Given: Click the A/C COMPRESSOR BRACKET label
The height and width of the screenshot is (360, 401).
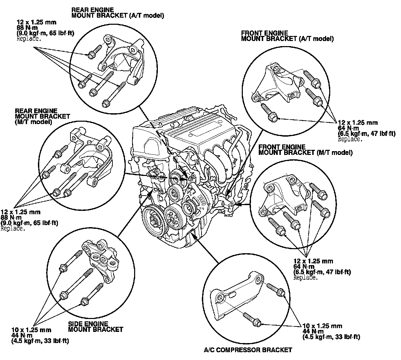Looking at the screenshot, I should coord(248,349).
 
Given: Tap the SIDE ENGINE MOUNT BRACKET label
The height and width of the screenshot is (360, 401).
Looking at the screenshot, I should coord(96,327).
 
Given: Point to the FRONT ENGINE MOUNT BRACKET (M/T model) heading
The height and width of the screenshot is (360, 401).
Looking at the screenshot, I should coord(305,150).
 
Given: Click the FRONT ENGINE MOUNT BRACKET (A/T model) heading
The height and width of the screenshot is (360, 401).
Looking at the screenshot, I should coord(287,36).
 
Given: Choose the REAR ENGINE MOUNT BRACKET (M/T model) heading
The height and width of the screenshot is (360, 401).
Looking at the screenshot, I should coord(42,116).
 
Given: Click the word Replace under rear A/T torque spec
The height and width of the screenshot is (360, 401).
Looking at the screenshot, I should coord(29,39).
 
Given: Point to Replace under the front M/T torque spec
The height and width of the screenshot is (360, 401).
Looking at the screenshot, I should coord(305,277).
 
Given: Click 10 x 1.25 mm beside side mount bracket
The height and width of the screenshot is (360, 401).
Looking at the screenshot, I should coord(31,329).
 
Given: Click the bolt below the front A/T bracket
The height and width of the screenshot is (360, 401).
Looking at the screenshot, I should coord(269,112).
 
